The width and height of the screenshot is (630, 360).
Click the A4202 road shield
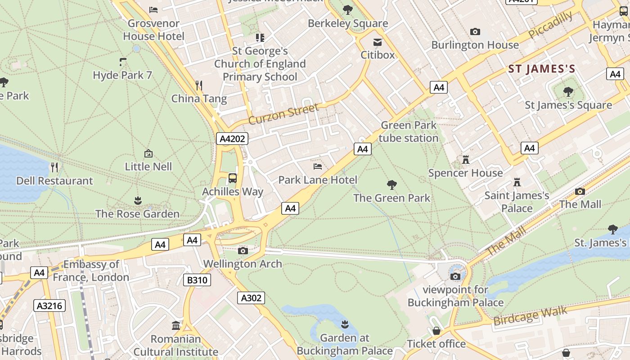[x=232, y=139]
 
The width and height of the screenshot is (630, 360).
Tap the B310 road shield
[x=197, y=280]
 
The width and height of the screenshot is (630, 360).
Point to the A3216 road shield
[x=49, y=306]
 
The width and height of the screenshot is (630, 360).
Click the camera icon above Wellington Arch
[x=243, y=251]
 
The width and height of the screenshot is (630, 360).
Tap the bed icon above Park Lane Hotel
[x=318, y=166]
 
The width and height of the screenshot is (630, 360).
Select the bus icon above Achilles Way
[x=232, y=178]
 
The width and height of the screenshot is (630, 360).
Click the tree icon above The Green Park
[x=392, y=184]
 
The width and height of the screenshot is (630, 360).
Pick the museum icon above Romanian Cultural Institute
[x=176, y=325]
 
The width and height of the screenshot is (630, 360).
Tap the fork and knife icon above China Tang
[x=199, y=85]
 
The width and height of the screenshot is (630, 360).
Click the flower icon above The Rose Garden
[x=138, y=200]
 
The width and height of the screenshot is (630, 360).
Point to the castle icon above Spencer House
[x=466, y=160]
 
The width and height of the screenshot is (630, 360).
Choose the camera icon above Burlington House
[x=475, y=31]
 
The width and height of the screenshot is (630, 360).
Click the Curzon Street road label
[x=283, y=114]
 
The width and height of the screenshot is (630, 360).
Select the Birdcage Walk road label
[x=530, y=316]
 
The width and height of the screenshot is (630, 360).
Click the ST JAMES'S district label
[x=541, y=69]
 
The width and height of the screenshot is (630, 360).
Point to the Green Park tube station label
[x=409, y=131]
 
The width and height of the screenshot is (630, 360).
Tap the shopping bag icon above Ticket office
[x=436, y=331]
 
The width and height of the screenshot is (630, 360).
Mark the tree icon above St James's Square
[x=568, y=92]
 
